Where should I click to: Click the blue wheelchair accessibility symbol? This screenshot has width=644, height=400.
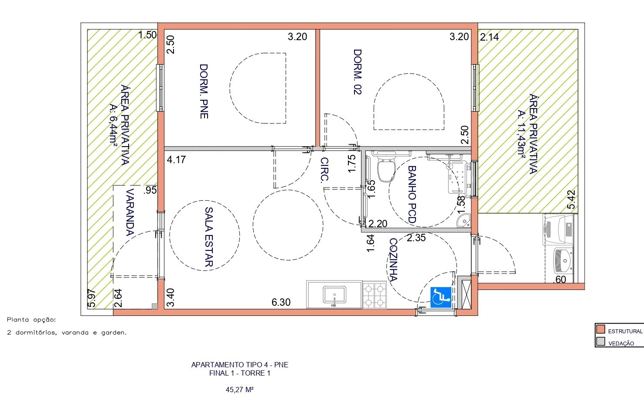click(x=440, y=297)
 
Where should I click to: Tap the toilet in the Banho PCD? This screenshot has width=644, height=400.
click(x=386, y=170)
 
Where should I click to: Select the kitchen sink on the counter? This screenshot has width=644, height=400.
click(x=334, y=295)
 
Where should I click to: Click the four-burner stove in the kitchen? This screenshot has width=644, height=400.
click(x=374, y=295)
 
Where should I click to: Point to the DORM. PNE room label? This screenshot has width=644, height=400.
click(x=204, y=91)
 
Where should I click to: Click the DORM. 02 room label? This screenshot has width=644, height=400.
click(x=358, y=72)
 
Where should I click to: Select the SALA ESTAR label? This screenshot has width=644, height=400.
click(x=209, y=237)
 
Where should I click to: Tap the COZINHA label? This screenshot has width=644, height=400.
click(x=393, y=260)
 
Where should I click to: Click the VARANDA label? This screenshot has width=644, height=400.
click(x=129, y=212)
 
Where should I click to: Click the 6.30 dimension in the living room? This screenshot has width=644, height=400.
click(x=281, y=302)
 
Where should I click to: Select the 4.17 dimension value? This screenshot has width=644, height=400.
click(x=176, y=160)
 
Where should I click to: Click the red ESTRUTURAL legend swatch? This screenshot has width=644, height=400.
click(x=601, y=329)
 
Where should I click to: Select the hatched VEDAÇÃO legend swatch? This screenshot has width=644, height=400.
click(x=601, y=342)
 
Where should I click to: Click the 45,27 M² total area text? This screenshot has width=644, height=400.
click(x=240, y=390)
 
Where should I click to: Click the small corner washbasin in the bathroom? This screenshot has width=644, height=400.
click(x=464, y=220)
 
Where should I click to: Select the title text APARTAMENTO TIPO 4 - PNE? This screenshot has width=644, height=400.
click(x=240, y=365)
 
